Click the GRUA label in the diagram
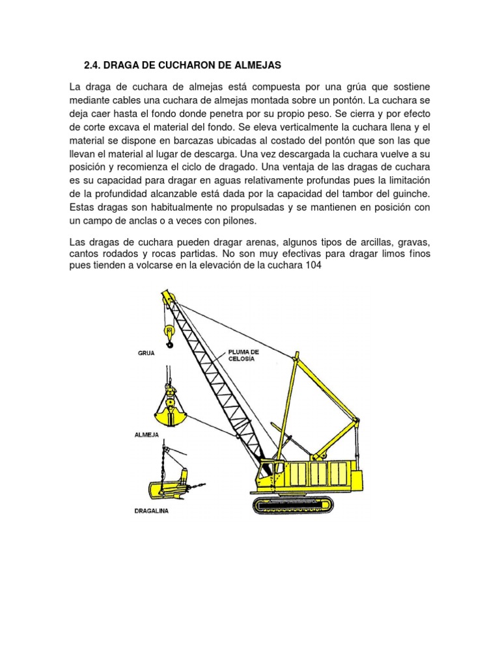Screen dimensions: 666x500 [x=146, y=353]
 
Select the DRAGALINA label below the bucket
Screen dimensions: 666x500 [x=151, y=511]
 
